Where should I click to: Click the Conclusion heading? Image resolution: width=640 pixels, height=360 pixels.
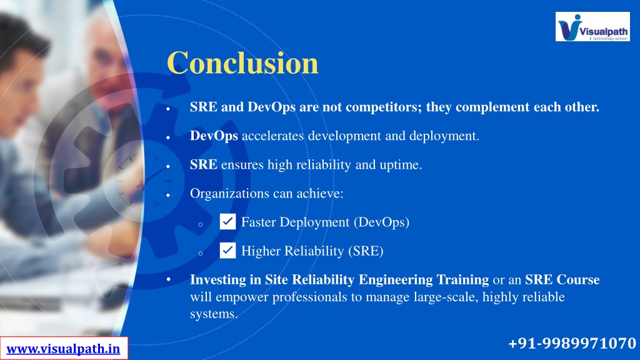point(242,63)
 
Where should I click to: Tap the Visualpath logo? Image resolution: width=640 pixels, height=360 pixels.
point(592,26)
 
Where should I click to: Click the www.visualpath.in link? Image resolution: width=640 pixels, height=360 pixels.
point(63,349)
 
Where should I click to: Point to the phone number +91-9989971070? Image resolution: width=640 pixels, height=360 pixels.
point(572,343)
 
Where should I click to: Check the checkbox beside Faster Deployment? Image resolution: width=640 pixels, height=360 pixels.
point(227,222)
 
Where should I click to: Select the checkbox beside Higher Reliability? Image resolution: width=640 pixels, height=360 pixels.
point(227,250)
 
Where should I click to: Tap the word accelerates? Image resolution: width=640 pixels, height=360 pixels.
point(273,136)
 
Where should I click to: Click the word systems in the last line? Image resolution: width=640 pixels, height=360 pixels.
point(214,314)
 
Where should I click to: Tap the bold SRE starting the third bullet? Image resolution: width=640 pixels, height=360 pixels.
point(204,164)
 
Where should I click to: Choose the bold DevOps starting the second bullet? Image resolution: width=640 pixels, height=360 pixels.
point(214,136)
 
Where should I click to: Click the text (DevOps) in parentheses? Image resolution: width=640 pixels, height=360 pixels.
point(382,222)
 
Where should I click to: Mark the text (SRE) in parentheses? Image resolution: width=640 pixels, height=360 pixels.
point(366,251)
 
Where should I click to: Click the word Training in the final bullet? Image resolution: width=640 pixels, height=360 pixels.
point(462,280)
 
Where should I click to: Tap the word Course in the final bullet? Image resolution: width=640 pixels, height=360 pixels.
point(579,279)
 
